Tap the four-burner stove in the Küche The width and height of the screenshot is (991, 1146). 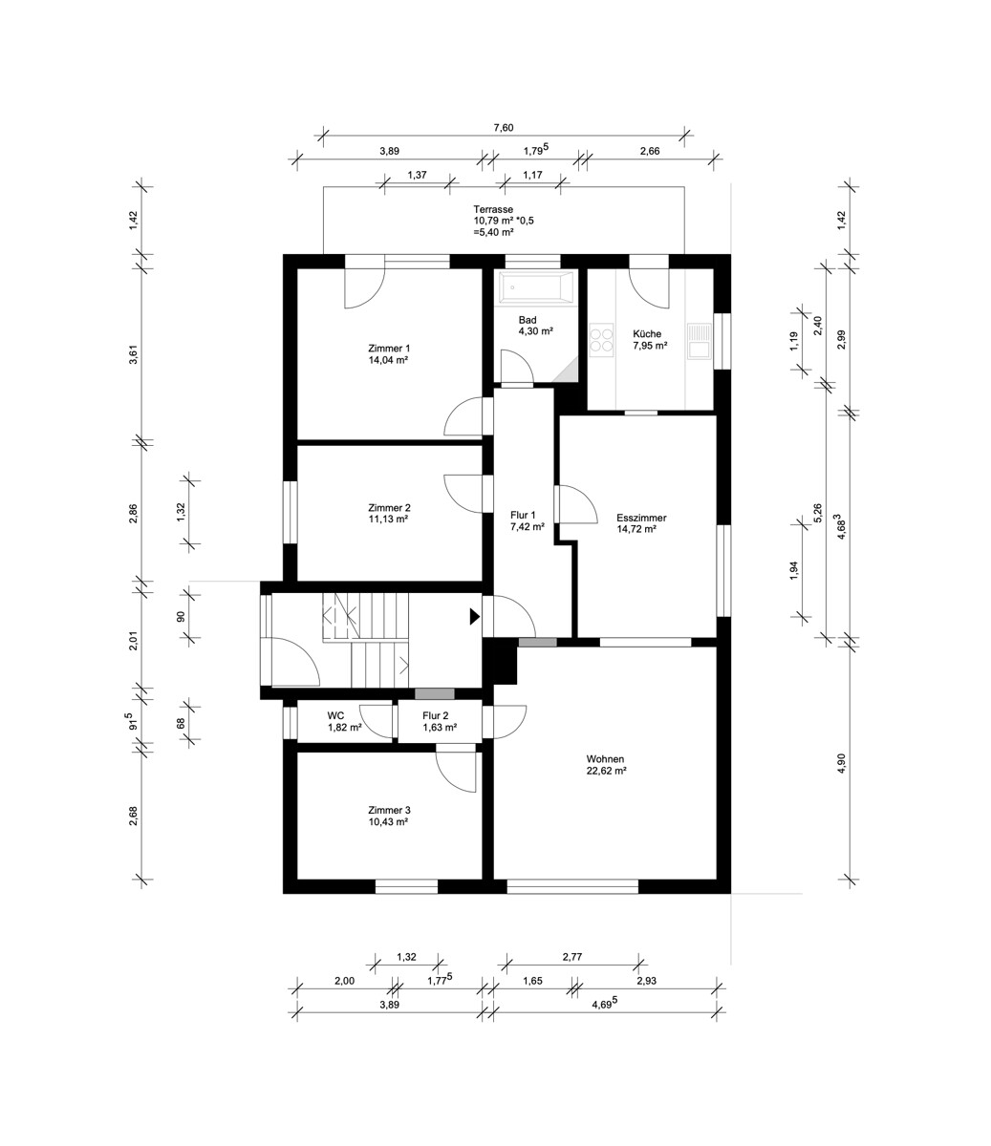click(x=601, y=340)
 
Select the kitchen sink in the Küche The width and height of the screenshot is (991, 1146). click(x=699, y=340)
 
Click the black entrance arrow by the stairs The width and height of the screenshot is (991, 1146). click(x=474, y=616)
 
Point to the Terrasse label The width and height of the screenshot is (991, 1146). click(x=493, y=209)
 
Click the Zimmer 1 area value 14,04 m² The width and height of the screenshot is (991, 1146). click(x=388, y=360)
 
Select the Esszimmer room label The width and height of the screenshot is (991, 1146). click(x=641, y=518)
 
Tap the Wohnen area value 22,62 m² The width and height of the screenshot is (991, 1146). click(x=607, y=770)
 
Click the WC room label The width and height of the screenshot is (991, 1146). click(x=335, y=715)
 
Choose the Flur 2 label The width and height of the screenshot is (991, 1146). click(x=436, y=715)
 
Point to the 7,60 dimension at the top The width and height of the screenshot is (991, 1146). click(x=504, y=128)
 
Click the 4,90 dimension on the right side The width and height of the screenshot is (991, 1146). click(x=841, y=763)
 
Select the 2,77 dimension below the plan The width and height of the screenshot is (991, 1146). click(x=572, y=957)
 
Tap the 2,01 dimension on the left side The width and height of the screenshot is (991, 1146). click(x=134, y=641)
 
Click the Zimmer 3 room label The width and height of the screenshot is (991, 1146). click(x=389, y=811)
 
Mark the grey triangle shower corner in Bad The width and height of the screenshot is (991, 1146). click(x=570, y=371)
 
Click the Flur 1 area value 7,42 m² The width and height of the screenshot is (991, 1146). click(x=528, y=527)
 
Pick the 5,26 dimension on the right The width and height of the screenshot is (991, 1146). click(x=817, y=514)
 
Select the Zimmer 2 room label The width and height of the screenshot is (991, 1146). click(x=389, y=508)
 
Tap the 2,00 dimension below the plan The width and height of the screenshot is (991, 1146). click(x=344, y=981)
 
